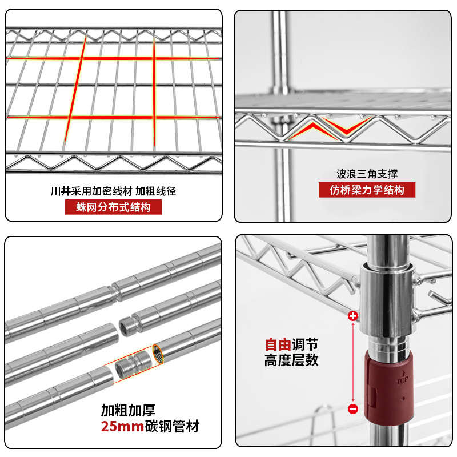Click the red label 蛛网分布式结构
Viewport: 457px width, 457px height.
click(113, 207)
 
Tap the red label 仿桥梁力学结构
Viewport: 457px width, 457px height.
click(367, 190)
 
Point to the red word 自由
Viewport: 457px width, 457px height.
click(278, 345)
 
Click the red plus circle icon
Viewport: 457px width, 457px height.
click(352, 315)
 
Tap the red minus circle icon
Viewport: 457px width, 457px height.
click(352, 408)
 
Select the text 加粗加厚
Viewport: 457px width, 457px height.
click(129, 410)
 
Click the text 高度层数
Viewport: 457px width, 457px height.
click(291, 360)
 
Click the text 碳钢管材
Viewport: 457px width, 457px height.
click(171, 426)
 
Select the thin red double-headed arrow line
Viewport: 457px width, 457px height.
click(352, 362)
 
